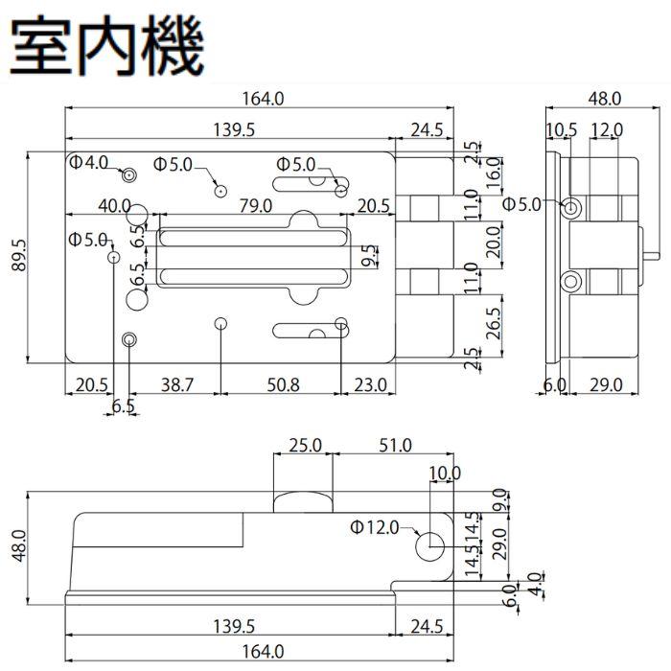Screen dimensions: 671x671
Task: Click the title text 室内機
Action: click(107, 43)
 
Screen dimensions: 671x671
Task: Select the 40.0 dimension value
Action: click(114, 205)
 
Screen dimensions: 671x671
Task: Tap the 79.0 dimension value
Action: click(255, 205)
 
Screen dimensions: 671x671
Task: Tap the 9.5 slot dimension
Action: click(369, 257)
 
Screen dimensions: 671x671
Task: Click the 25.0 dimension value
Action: click(305, 445)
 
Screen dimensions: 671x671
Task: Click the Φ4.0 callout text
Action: click(89, 163)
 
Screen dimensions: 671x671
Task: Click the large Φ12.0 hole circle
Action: click(429, 544)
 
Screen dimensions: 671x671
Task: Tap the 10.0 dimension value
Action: click(445, 473)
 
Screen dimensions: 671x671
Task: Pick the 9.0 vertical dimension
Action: click(499, 499)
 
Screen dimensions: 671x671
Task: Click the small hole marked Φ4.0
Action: click(128, 174)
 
